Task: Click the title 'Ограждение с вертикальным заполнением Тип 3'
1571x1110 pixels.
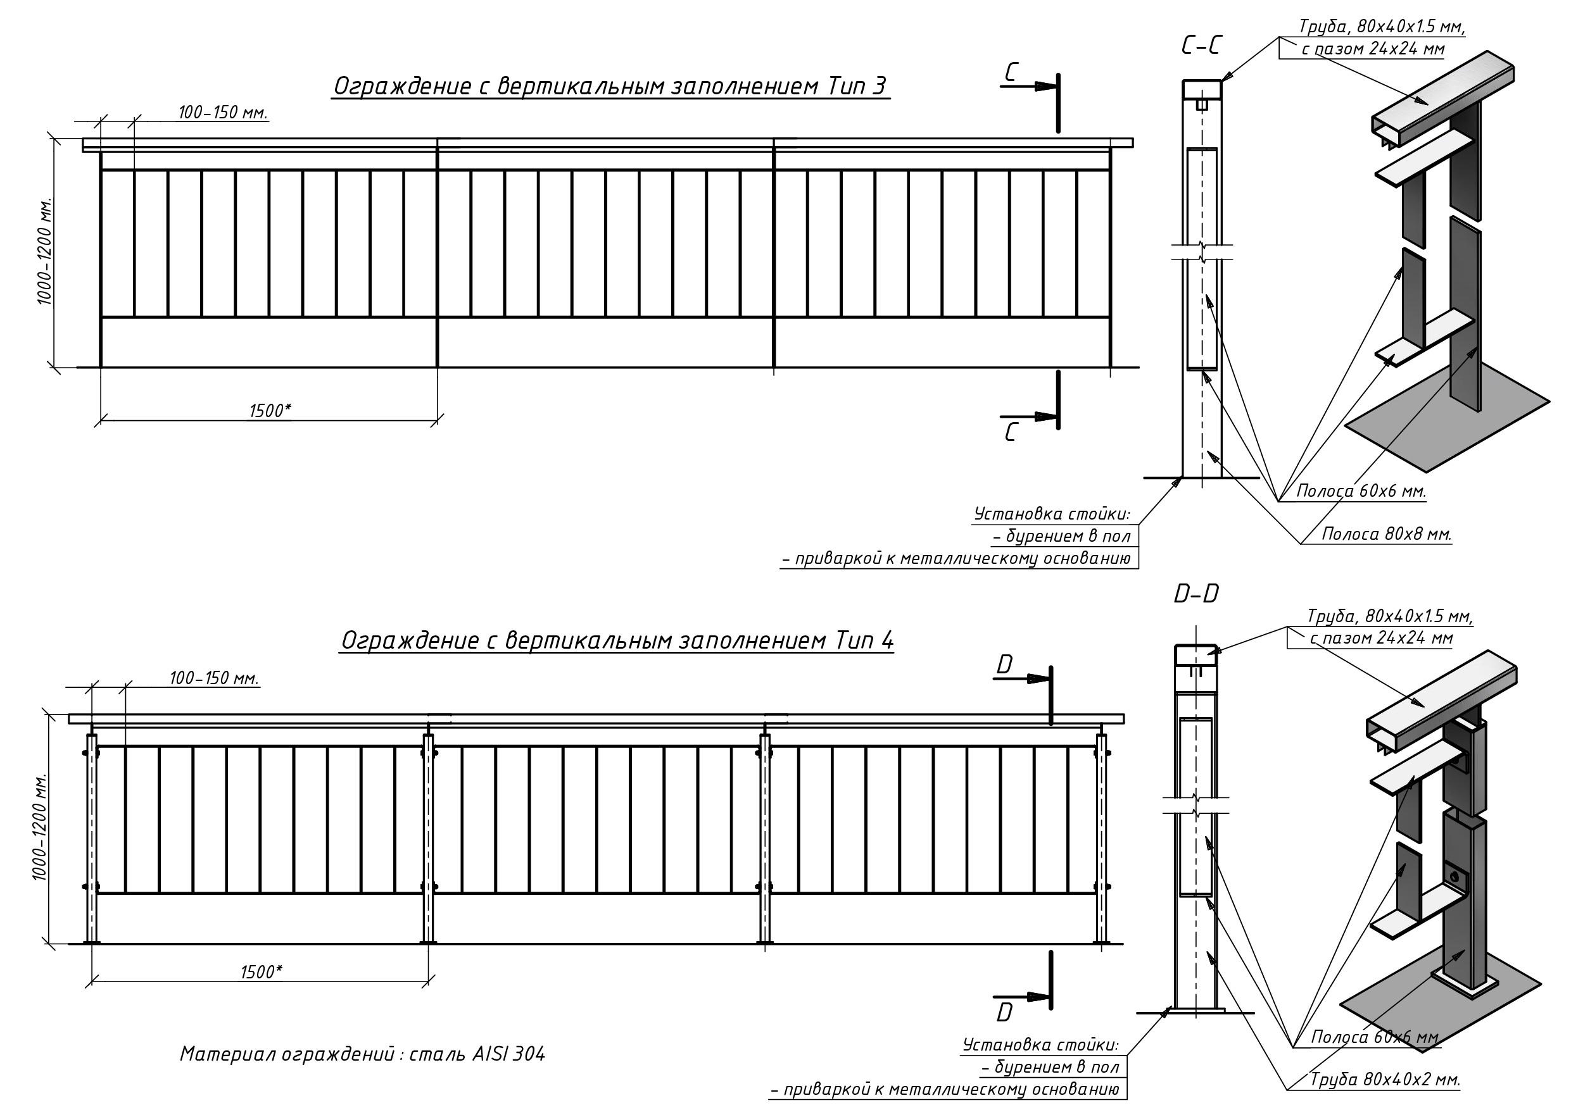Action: click(610, 87)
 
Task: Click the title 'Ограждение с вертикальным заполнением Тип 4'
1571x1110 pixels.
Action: click(617, 641)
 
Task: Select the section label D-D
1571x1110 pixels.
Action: click(1196, 594)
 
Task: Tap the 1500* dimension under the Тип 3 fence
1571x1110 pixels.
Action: click(270, 410)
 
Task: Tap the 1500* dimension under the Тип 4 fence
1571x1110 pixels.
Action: click(262, 972)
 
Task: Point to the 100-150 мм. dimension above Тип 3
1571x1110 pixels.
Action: click(223, 112)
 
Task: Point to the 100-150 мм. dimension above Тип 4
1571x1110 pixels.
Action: click(214, 679)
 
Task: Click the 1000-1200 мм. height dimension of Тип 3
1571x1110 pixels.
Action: click(45, 253)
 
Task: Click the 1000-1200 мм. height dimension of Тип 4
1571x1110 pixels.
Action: click(40, 828)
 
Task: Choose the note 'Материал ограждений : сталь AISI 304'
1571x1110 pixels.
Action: click(363, 1054)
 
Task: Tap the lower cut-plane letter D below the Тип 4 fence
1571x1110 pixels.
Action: click(1004, 1012)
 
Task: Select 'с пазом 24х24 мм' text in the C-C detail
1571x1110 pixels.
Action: click(1373, 49)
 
